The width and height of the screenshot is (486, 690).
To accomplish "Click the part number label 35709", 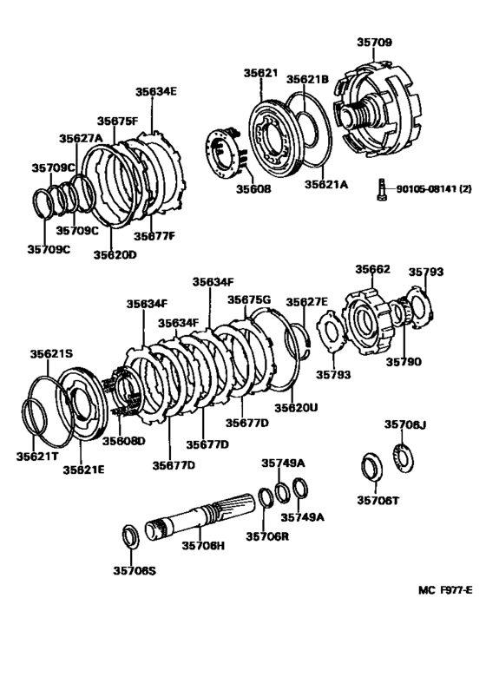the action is (x=374, y=43).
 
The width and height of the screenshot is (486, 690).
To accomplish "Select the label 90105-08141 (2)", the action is (x=434, y=189).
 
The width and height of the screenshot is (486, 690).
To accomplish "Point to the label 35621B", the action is (x=307, y=79).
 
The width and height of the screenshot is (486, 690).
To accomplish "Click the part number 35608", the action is (x=253, y=189).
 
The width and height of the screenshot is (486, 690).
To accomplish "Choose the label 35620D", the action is (x=115, y=255).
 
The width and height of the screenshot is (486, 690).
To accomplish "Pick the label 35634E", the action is (x=155, y=91).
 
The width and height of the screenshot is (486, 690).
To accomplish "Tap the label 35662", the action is (x=372, y=269).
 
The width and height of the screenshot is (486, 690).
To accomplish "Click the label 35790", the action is (x=404, y=362).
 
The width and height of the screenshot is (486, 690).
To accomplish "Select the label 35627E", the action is (x=306, y=302).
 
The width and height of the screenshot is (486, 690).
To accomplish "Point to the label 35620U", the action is (x=296, y=407).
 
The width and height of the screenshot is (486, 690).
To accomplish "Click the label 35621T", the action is (x=37, y=457).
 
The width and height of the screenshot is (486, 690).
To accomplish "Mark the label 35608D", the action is (x=123, y=441).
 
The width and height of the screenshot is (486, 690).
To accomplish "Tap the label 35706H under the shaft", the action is (x=203, y=546).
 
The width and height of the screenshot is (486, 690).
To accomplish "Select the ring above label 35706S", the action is (x=130, y=537).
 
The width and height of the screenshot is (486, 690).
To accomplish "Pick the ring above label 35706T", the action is (x=371, y=467).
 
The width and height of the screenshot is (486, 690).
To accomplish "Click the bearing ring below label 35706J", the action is (x=403, y=458).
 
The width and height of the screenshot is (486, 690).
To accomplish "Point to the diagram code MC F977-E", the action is (x=445, y=590).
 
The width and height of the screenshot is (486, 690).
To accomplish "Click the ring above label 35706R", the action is (x=266, y=498).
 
